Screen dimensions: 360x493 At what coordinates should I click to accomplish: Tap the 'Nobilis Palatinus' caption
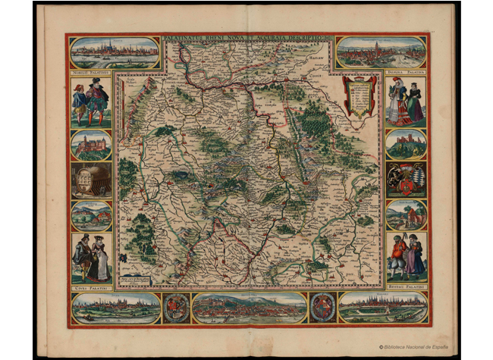pos(90,73)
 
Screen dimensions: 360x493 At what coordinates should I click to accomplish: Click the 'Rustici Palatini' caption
pos(407,288)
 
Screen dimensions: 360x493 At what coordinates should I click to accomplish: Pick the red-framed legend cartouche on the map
pos(360,95)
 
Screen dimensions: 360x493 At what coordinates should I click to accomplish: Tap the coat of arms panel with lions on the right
pos(406,180)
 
